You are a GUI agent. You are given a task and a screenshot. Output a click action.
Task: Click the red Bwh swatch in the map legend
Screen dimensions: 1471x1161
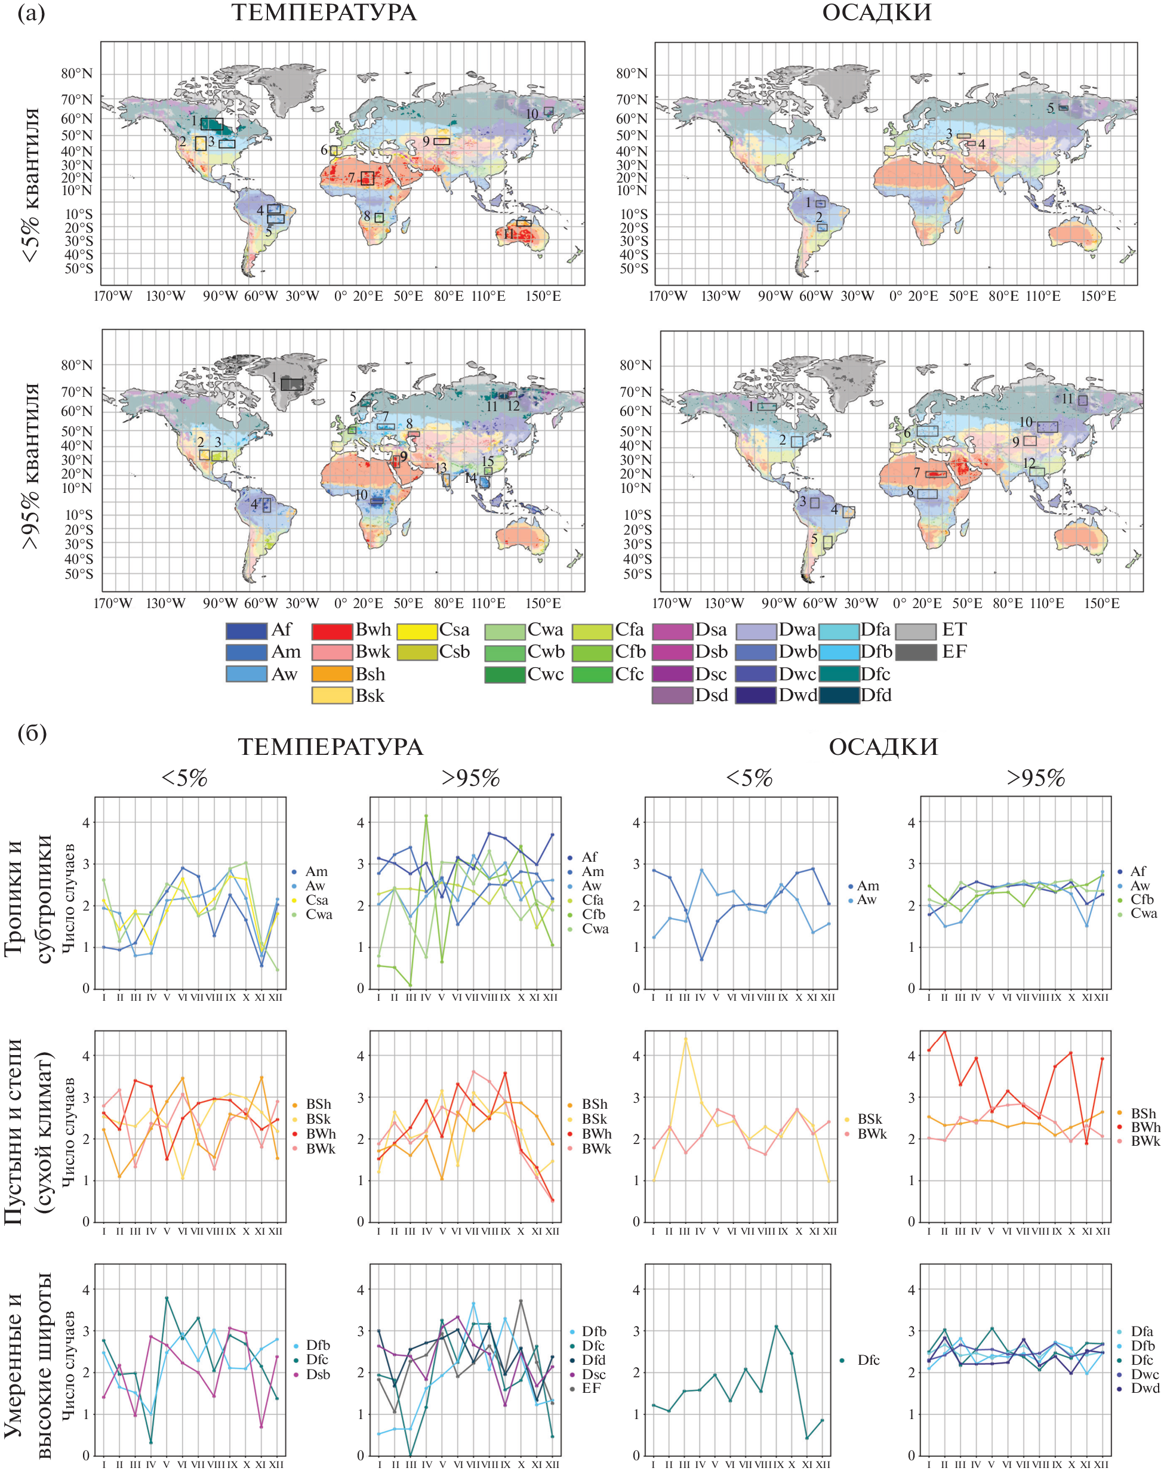pos(332,631)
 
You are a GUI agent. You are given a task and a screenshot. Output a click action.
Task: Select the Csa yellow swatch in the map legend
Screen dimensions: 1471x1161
pos(417,631)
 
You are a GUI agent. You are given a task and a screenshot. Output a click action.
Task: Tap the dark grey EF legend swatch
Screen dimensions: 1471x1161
pos(915,652)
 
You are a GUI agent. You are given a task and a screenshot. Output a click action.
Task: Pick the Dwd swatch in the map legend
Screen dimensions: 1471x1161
pos(755,696)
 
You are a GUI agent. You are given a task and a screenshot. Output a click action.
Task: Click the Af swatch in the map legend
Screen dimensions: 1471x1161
pos(246,631)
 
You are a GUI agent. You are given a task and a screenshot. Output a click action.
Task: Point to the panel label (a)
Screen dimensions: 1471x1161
pos(31,13)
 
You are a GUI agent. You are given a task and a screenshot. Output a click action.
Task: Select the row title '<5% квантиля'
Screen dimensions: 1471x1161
pos(30,185)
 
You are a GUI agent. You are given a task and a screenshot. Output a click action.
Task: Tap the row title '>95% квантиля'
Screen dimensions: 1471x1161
pos(30,466)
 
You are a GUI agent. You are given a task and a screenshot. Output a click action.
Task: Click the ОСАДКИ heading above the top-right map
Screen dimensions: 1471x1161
pos(876,13)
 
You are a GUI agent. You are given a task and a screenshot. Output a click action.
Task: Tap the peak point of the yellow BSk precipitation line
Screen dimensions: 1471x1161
pos(685,1039)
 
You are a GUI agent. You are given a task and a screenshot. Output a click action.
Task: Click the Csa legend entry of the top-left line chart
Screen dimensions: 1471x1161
pos(316,899)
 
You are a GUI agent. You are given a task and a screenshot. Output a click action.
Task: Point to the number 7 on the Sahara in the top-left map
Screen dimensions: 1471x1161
pos(352,178)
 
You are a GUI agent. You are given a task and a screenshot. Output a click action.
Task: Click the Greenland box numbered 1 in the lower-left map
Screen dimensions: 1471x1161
pos(292,384)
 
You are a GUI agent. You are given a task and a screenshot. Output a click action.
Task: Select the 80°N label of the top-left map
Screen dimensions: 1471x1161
pos(77,73)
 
